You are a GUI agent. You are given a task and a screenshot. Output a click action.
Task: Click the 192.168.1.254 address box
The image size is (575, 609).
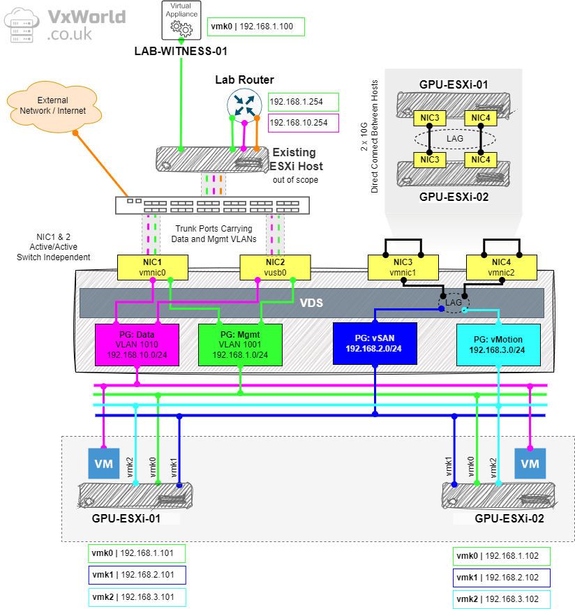[x=302, y=102]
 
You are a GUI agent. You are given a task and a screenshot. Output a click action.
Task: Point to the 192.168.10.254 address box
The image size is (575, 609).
[x=302, y=123]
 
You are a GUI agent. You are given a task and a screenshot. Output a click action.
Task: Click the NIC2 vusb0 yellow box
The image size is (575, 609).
[x=274, y=266]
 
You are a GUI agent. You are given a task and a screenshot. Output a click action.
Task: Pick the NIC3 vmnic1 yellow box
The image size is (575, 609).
[x=403, y=266]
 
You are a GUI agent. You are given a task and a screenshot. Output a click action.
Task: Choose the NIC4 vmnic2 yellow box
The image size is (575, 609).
[x=502, y=266]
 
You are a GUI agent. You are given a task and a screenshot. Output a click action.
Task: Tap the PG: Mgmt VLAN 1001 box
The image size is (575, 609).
[x=240, y=345]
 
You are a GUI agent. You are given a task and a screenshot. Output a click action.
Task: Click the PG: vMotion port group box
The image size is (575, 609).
[x=498, y=344]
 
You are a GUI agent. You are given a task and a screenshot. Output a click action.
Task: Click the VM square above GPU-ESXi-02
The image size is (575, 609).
[x=530, y=464]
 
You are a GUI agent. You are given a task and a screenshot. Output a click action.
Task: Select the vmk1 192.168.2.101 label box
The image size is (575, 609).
[x=137, y=576]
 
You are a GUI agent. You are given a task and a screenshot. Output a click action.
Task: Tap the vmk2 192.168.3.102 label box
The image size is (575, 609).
[x=502, y=599]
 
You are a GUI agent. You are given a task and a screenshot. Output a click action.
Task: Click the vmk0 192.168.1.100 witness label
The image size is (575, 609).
[x=255, y=27]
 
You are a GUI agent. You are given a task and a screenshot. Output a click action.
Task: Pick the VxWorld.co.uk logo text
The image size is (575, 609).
[x=87, y=24]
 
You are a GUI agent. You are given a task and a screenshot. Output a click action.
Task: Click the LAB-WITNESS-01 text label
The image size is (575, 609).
[x=181, y=51]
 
